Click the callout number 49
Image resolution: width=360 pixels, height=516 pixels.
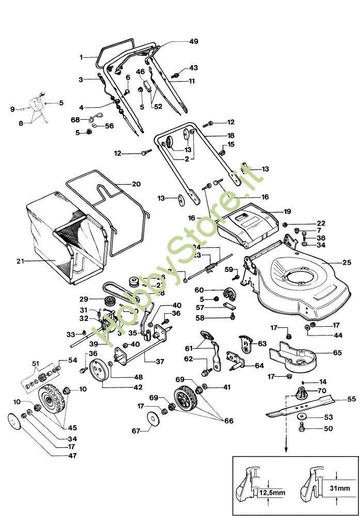[x=179, y=41]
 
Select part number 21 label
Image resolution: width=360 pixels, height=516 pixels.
[x=20, y=261]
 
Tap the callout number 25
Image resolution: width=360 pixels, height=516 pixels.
[x=347, y=262]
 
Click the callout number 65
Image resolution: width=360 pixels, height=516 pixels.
[x=337, y=352]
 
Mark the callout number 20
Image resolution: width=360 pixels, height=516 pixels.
[x=136, y=184]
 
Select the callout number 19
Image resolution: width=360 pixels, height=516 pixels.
[x=288, y=211]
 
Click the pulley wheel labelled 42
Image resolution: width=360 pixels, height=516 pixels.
[x=97, y=370]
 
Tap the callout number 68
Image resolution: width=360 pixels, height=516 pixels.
[x=75, y=119]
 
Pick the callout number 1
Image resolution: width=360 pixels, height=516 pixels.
[x=81, y=57]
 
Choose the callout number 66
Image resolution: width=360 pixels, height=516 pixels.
[x=228, y=421]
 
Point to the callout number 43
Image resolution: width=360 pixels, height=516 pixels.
[x=193, y=68]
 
